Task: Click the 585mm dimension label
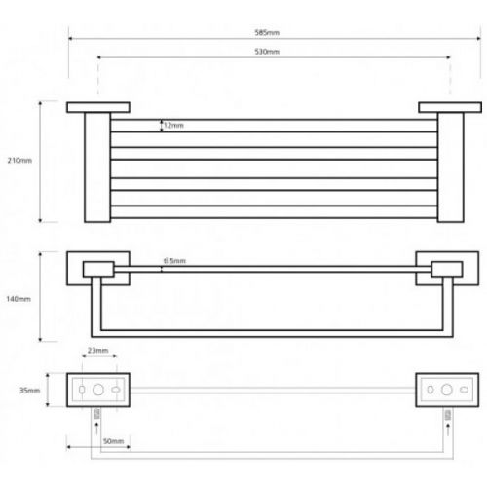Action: pos(267,32)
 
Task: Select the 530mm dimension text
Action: pos(267,52)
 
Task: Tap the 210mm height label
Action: pos(19,161)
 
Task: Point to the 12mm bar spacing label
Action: pos(173,126)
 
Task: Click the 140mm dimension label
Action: pos(19,299)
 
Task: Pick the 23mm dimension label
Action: pos(97,351)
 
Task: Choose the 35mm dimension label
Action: pos(29,391)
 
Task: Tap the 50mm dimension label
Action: pos(113,441)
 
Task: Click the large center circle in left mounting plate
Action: pos(98,390)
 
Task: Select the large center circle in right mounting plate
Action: pos(447,390)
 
